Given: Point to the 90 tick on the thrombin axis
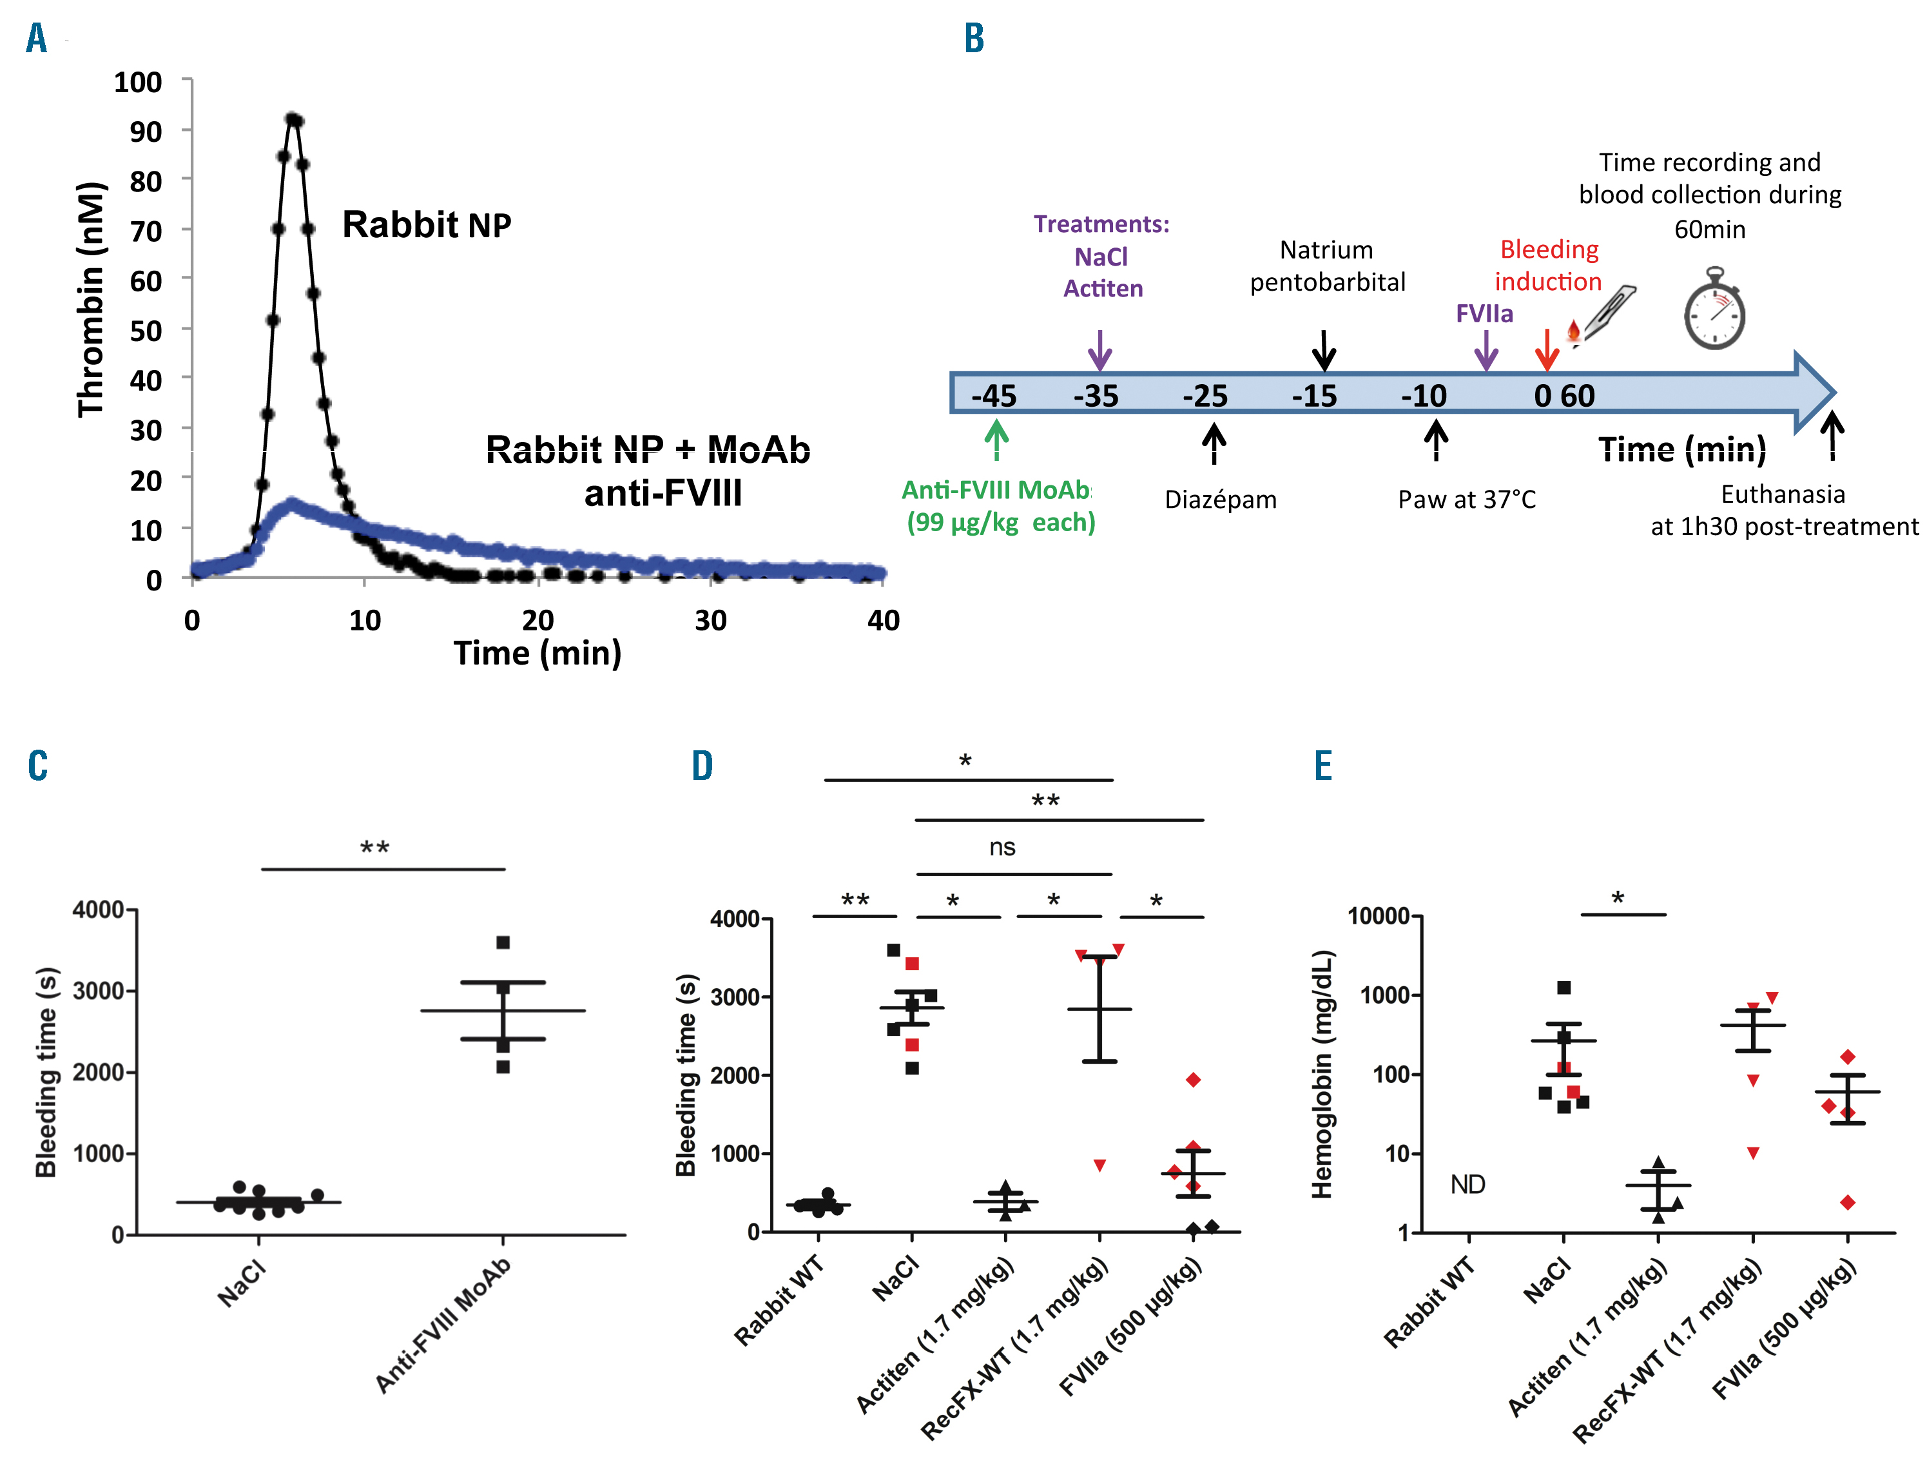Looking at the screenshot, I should pyautogui.click(x=146, y=131).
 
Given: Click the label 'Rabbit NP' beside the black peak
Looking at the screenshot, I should pyautogui.click(x=426, y=225).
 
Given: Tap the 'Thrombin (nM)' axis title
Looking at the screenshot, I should pyautogui.click(x=92, y=300).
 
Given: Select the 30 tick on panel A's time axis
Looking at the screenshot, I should pyautogui.click(x=710, y=620).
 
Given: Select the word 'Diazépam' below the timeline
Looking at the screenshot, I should pyautogui.click(x=1221, y=500).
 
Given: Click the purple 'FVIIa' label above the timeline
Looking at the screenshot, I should pyautogui.click(x=1484, y=314).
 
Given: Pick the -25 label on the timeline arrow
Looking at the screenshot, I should pyautogui.click(x=1205, y=396).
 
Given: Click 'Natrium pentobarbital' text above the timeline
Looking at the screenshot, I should pyautogui.click(x=1327, y=266).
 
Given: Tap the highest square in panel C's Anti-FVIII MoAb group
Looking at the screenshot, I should pyautogui.click(x=503, y=942).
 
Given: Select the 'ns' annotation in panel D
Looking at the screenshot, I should pyautogui.click(x=1002, y=847).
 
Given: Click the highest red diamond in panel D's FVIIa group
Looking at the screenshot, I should pyautogui.click(x=1194, y=1080).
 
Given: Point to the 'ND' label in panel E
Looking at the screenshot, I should pyautogui.click(x=1468, y=1185).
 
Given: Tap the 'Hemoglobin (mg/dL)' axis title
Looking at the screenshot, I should pyautogui.click(x=1322, y=1074).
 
